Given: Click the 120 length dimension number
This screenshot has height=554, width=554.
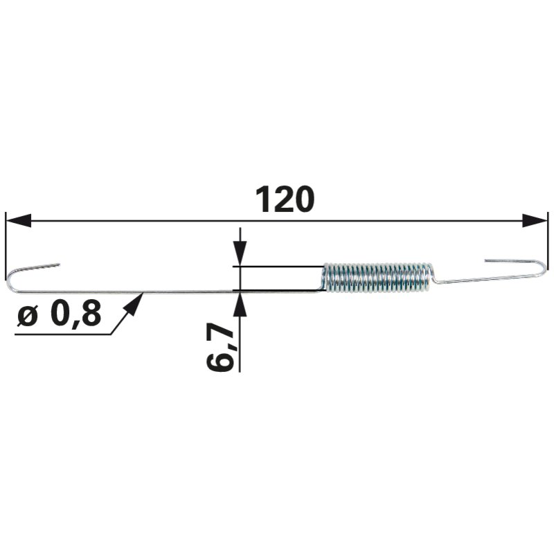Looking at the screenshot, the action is [x=285, y=199].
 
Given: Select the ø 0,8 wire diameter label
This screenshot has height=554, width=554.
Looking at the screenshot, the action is [x=60, y=314].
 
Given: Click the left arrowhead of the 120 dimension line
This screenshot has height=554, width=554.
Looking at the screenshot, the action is [x=19, y=221].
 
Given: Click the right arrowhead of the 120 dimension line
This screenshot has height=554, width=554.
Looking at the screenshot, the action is [x=535, y=221].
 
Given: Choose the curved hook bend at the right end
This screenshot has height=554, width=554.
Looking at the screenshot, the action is [x=544, y=269].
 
